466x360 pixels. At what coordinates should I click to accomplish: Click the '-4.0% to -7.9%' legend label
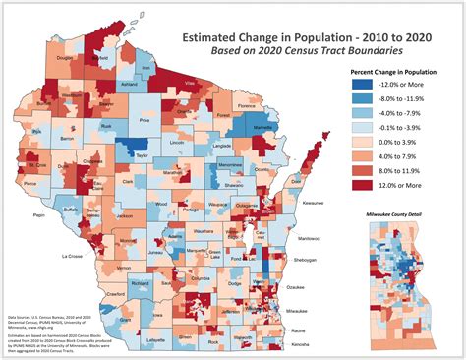[x=403, y=114]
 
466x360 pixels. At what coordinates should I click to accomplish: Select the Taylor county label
[x=143, y=155]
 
